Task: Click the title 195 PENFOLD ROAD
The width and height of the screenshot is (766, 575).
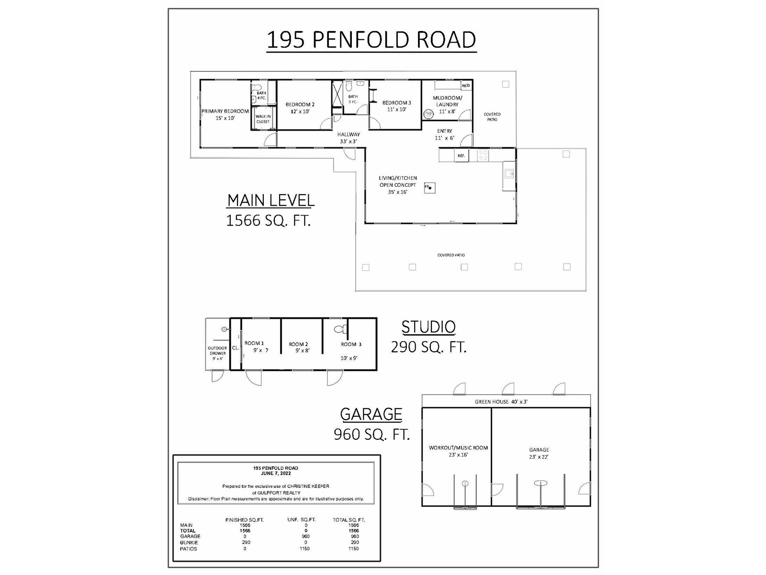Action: [372, 39]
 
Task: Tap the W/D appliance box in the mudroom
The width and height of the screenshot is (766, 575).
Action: [465, 86]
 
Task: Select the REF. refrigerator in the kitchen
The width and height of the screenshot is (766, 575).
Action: [461, 155]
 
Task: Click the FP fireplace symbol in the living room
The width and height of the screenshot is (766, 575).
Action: [429, 187]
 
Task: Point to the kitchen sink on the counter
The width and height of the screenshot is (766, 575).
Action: [509, 173]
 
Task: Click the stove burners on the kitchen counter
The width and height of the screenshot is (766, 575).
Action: [484, 155]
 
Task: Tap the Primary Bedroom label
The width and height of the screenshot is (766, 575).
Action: [225, 111]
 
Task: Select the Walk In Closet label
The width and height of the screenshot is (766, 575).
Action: [263, 119]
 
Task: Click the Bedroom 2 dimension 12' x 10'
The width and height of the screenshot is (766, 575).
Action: [300, 111]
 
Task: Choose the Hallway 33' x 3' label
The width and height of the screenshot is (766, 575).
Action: [348, 138]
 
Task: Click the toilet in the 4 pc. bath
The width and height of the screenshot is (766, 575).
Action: [257, 86]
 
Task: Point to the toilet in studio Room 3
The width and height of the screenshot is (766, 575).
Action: [340, 329]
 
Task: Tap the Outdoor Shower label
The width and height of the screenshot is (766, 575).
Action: [217, 351]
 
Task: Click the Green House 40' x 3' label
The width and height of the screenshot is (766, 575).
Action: [501, 402]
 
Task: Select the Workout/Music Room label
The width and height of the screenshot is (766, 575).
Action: [458, 448]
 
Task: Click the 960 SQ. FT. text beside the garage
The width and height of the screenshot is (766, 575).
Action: [372, 434]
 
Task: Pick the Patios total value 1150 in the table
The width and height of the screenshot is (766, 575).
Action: [353, 549]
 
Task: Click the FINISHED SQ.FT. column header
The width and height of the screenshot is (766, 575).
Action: [244, 520]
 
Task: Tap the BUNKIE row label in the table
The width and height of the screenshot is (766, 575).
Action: [189, 542]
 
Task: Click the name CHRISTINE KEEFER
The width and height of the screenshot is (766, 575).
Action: [308, 486]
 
